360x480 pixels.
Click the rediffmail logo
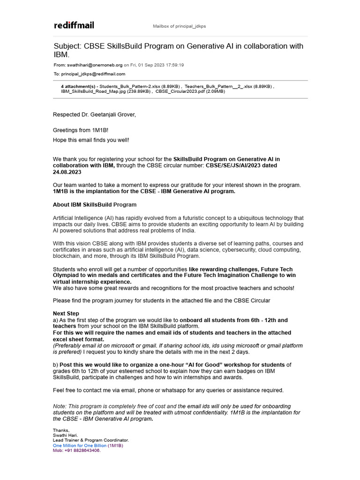(74, 25)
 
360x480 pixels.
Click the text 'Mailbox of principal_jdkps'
(180, 26)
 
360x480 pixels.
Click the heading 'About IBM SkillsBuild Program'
(95, 204)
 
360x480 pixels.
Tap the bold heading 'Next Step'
(66, 314)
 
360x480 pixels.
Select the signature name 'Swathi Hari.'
(66, 435)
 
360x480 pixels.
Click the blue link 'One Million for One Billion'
(80, 445)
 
